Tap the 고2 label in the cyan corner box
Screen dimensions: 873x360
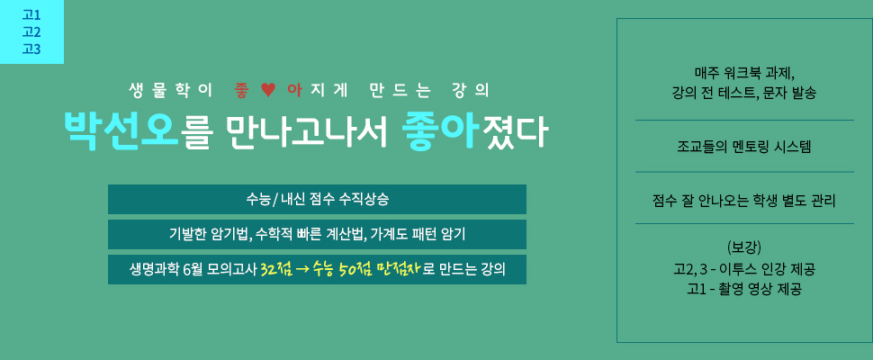pyautogui.click(x=31, y=31)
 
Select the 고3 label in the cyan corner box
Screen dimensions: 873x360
pyautogui.click(x=31, y=49)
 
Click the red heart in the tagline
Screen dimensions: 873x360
pyautogui.click(x=269, y=90)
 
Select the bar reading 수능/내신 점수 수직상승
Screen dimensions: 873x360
pyautogui.click(x=317, y=199)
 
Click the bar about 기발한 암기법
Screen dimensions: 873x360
pyautogui.click(x=317, y=234)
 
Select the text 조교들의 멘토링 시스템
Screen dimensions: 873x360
pyautogui.click(x=743, y=147)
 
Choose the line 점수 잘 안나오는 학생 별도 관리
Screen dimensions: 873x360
pyautogui.click(x=743, y=200)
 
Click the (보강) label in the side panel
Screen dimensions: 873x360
pyautogui.click(x=743, y=247)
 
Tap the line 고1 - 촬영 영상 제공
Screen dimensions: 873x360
pyautogui.click(x=743, y=289)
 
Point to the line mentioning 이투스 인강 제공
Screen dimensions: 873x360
pyautogui.click(x=743, y=270)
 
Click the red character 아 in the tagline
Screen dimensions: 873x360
pyautogui.click(x=294, y=91)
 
